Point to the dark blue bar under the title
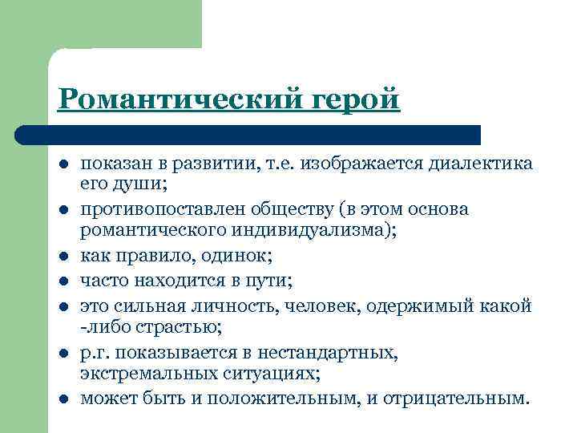pyautogui.click(x=248, y=134)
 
